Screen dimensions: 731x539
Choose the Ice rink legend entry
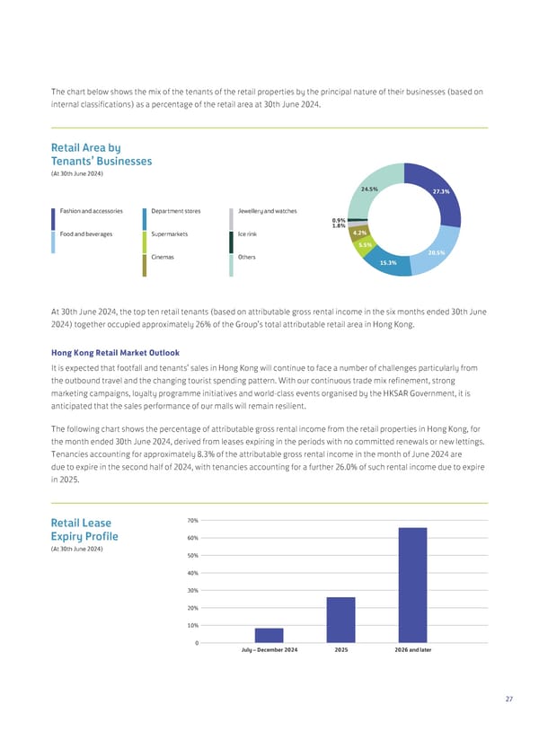pyautogui.click(x=249, y=234)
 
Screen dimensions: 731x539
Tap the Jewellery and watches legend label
pyautogui.click(x=267, y=211)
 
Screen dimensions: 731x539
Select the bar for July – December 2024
pyautogui.click(x=269, y=635)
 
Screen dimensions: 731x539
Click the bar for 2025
pyautogui.click(x=340, y=620)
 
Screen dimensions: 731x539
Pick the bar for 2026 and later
pyautogui.click(x=412, y=585)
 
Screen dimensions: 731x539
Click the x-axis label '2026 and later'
pyautogui.click(x=412, y=649)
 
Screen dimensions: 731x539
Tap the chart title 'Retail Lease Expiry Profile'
pyautogui.click(x=85, y=530)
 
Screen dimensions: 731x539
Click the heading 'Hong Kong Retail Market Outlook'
pyautogui.click(x=115, y=352)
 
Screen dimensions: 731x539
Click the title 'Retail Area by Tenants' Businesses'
pyautogui.click(x=102, y=154)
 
